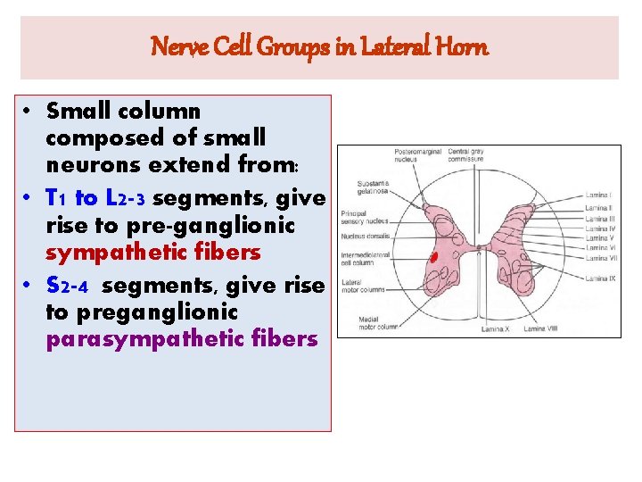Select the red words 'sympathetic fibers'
152,253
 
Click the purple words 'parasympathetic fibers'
181,339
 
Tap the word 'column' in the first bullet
158,112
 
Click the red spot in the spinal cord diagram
434,259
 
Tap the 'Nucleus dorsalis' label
360,240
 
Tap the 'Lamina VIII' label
539,328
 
